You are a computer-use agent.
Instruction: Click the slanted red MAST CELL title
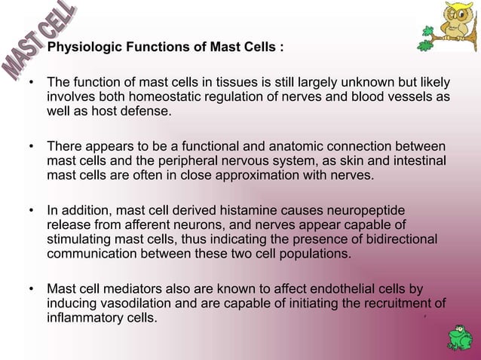(39, 42)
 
